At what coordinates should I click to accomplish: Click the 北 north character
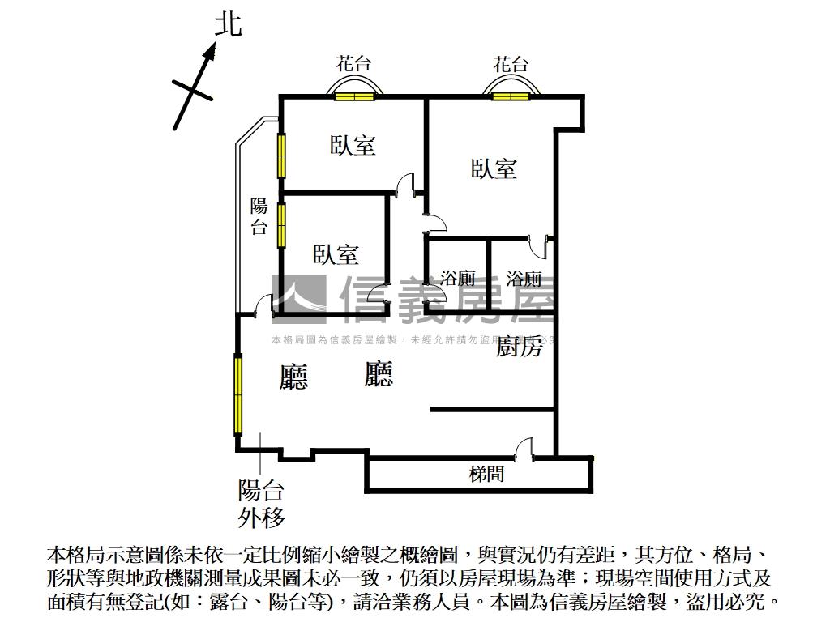(x=228, y=24)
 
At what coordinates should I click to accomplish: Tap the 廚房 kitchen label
(x=519, y=347)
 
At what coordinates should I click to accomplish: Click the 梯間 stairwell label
(x=486, y=474)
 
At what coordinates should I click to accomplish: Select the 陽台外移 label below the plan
(x=261, y=503)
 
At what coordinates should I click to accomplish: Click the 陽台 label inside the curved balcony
(x=259, y=216)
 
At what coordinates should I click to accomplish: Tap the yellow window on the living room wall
(x=238, y=394)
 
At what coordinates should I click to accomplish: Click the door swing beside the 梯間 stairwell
(x=524, y=447)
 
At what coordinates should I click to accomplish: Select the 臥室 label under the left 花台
(x=353, y=146)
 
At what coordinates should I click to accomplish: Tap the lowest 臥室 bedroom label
(x=336, y=254)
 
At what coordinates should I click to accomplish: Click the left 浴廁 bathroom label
(x=457, y=279)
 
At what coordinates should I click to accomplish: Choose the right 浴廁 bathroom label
(x=524, y=279)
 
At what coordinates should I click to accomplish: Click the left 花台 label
(x=354, y=64)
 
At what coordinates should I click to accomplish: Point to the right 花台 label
(x=511, y=64)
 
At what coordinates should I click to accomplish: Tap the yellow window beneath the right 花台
(x=510, y=97)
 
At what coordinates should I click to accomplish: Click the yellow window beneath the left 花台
(x=355, y=97)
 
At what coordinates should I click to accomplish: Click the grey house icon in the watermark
(x=298, y=294)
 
